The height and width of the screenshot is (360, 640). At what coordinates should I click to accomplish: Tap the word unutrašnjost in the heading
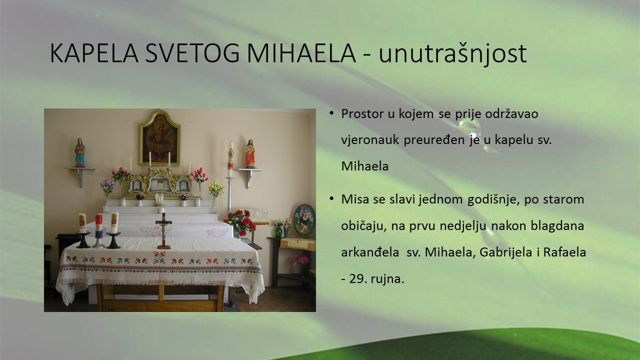(x=453, y=53)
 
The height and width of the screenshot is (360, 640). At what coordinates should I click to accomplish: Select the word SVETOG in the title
(x=192, y=53)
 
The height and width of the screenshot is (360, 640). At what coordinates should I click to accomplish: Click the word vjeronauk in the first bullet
(x=370, y=140)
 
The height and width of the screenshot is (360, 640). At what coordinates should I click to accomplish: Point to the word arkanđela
(x=370, y=252)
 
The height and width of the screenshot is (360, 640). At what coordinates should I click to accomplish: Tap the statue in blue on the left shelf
(x=80, y=152)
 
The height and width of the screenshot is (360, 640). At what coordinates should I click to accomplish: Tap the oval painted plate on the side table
(x=304, y=220)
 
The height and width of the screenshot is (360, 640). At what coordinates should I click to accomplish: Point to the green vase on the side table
(x=278, y=231)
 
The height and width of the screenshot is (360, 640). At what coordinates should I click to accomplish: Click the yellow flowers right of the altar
(x=216, y=189)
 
